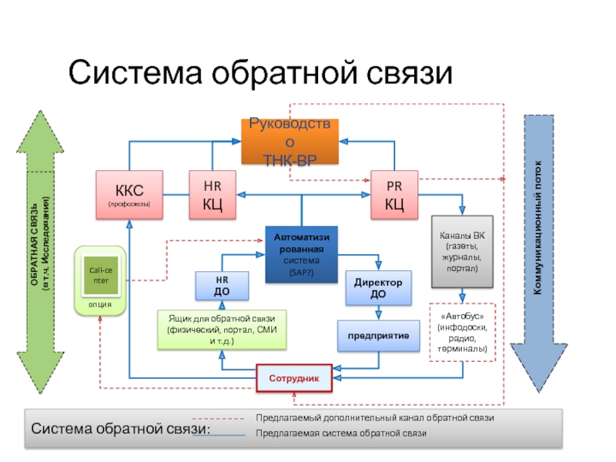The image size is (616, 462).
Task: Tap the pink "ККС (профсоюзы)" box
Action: pyautogui.click(x=129, y=194)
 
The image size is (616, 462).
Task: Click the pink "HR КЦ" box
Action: pyautogui.click(x=213, y=194)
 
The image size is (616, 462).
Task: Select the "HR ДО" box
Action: pyautogui.click(x=222, y=286)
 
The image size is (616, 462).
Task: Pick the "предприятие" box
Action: pyautogui.click(x=378, y=336)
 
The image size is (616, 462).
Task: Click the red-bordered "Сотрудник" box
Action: pyautogui.click(x=294, y=377)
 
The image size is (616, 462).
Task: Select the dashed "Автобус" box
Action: pyautogui.click(x=463, y=332)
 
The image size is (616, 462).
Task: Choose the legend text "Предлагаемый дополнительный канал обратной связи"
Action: pyautogui.click(x=374, y=417)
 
